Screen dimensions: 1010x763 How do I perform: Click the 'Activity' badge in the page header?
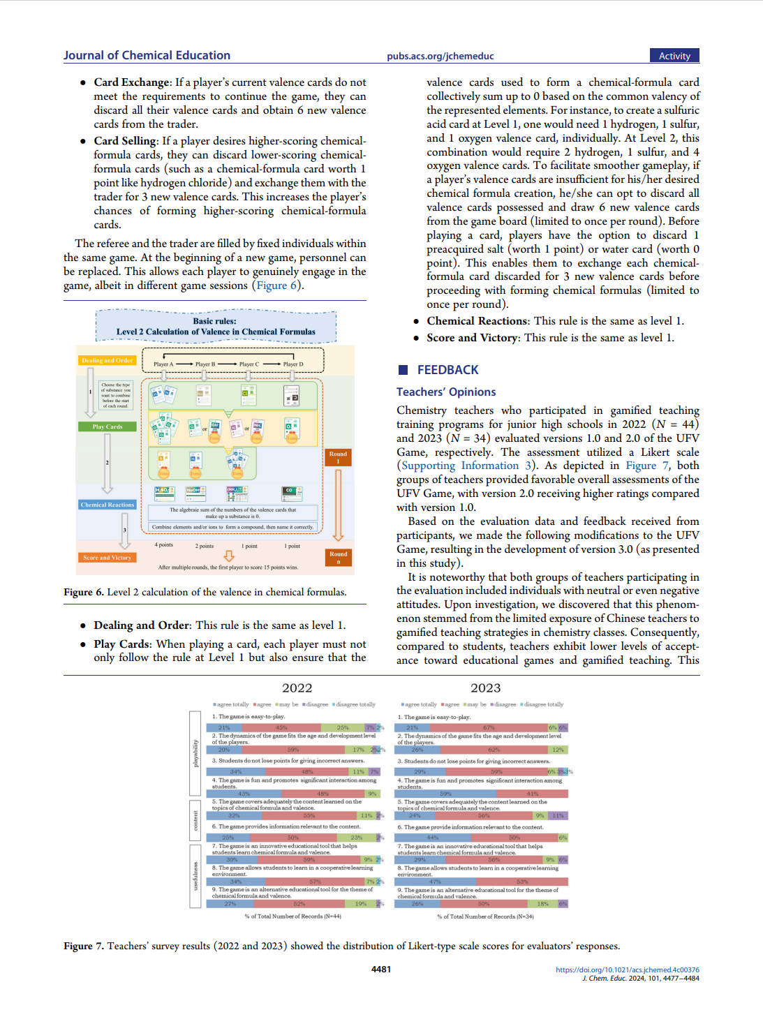tap(674, 56)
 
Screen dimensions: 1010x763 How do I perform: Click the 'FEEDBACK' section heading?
tap(447, 370)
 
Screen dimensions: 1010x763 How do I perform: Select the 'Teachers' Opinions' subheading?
tap(446, 392)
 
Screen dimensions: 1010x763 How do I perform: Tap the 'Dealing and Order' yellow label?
tap(107, 361)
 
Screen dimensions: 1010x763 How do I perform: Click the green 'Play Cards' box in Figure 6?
tap(107, 426)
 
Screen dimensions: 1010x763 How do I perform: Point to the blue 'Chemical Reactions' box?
tap(107, 505)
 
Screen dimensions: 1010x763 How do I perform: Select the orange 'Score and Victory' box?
tap(107, 558)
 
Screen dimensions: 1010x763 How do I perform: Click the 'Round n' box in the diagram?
tap(338, 557)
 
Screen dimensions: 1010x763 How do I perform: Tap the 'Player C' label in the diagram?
tap(249, 364)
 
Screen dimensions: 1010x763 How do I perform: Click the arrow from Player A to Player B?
tap(184, 364)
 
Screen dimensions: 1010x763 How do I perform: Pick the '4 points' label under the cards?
tap(164, 545)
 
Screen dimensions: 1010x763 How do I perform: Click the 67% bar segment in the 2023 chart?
tap(489, 727)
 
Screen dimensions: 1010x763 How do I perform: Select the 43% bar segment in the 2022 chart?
tap(244, 794)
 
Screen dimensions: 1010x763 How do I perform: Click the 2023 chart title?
tap(485, 688)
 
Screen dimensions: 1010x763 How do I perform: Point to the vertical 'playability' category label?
tap(195, 753)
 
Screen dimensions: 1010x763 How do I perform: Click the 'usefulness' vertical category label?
tap(195, 876)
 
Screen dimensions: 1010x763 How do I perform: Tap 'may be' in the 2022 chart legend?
tap(288, 704)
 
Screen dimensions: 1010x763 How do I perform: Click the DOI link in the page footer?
tap(627, 970)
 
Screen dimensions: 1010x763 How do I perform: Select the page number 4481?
tap(381, 970)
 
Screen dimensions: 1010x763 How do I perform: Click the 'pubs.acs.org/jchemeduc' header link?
tap(440, 57)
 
